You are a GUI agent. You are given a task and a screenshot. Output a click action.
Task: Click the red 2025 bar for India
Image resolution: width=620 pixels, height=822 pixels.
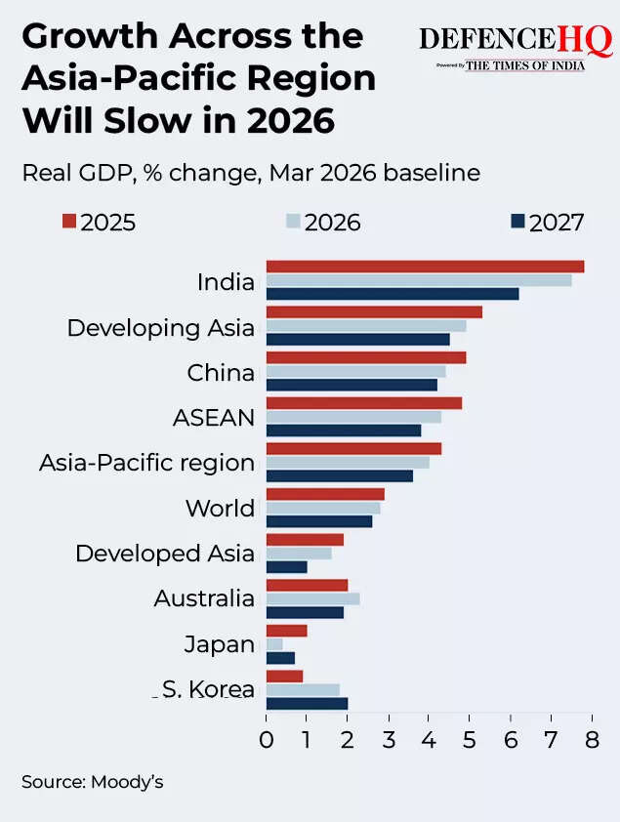coord(425,267)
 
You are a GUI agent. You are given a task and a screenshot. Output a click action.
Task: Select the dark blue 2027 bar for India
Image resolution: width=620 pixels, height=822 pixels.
coord(393,293)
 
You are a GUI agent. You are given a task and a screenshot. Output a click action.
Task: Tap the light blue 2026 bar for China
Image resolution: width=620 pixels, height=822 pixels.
coord(355,371)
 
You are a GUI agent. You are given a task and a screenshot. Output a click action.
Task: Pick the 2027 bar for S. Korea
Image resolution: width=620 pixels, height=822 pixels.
coord(307,703)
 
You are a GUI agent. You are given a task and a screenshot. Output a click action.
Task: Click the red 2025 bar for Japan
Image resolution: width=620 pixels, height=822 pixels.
coord(286,631)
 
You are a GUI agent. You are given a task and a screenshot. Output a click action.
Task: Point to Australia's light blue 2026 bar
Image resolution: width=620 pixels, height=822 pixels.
coord(312,598)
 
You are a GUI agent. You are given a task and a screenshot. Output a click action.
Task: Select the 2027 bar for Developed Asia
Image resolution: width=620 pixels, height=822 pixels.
coord(286,566)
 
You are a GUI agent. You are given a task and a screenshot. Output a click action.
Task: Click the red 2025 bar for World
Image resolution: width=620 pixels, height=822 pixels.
coord(325,494)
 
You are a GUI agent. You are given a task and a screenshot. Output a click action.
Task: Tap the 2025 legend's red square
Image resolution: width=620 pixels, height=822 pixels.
coord(68,222)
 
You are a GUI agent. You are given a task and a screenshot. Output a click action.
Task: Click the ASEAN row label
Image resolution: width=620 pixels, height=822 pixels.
coord(213,418)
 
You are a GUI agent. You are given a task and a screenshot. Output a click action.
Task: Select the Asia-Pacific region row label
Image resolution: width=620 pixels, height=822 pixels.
coord(146,463)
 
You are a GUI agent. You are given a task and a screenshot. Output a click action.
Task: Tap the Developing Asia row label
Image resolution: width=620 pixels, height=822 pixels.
coord(160,328)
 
